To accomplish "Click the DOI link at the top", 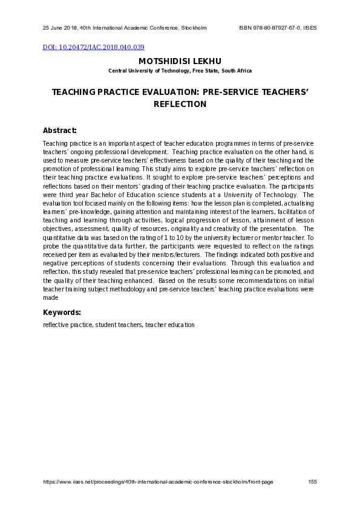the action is coord(93,47).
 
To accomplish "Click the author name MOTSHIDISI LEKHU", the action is coord(180,61).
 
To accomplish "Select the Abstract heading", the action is coord(60,130).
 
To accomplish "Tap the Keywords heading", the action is coord(62,313).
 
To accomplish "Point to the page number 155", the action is coord(312,482).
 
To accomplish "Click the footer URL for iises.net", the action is coord(158,482).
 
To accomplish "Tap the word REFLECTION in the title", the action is coord(180,104).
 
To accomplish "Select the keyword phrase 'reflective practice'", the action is coord(67,325).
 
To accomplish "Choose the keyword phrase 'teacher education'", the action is coord(170,325).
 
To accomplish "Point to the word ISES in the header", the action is coord(310,28).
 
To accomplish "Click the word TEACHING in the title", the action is coord(73,92).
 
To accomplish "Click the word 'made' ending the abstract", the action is coord(51,297).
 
